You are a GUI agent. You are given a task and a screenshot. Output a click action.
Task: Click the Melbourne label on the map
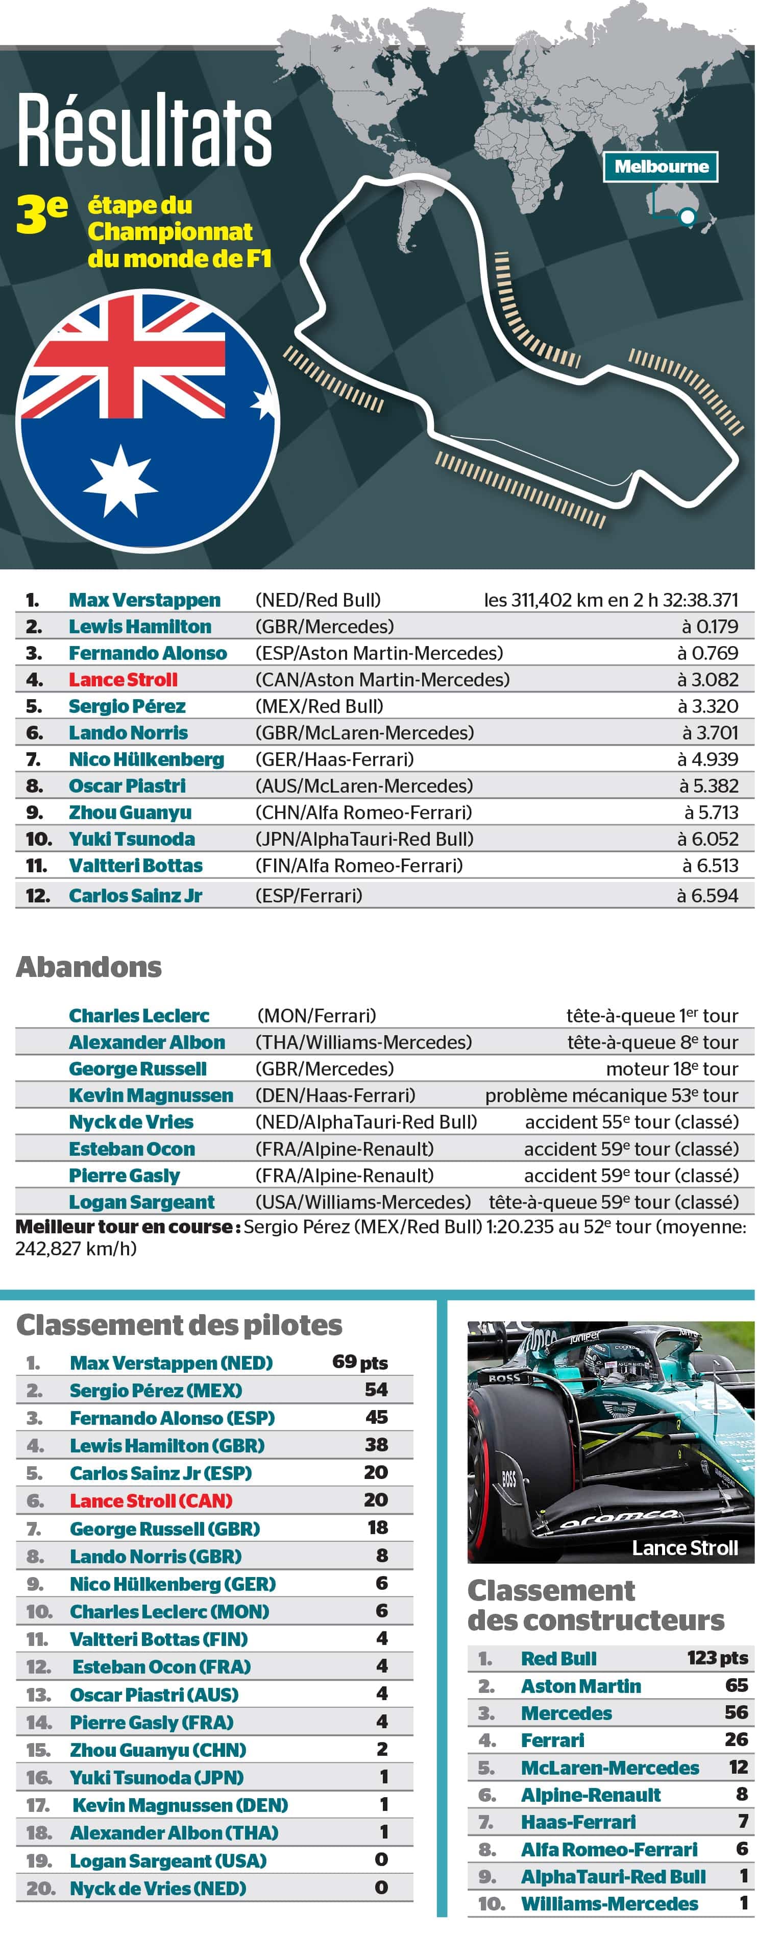(x=660, y=166)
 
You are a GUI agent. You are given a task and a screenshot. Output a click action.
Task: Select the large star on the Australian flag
(x=120, y=480)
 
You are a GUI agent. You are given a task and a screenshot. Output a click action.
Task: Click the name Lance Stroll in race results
(x=123, y=680)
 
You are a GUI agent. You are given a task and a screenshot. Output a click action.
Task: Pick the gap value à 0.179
(x=710, y=627)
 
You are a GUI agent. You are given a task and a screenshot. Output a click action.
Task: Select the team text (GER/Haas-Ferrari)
(x=335, y=759)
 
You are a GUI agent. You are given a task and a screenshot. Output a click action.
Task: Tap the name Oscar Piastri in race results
(x=127, y=785)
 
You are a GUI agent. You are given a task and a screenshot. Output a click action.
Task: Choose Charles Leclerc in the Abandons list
(x=139, y=1016)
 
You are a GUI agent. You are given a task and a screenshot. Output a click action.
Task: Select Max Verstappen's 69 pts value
(x=360, y=1362)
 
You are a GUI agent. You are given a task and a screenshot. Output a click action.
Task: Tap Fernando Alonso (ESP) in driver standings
(x=172, y=1418)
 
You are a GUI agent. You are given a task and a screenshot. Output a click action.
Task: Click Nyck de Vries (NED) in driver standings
(x=158, y=1888)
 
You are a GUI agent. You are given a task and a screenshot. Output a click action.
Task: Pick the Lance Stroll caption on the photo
(x=684, y=1548)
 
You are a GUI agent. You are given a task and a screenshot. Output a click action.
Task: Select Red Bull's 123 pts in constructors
(x=717, y=1658)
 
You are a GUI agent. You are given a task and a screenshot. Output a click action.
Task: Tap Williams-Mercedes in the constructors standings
(x=609, y=1904)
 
